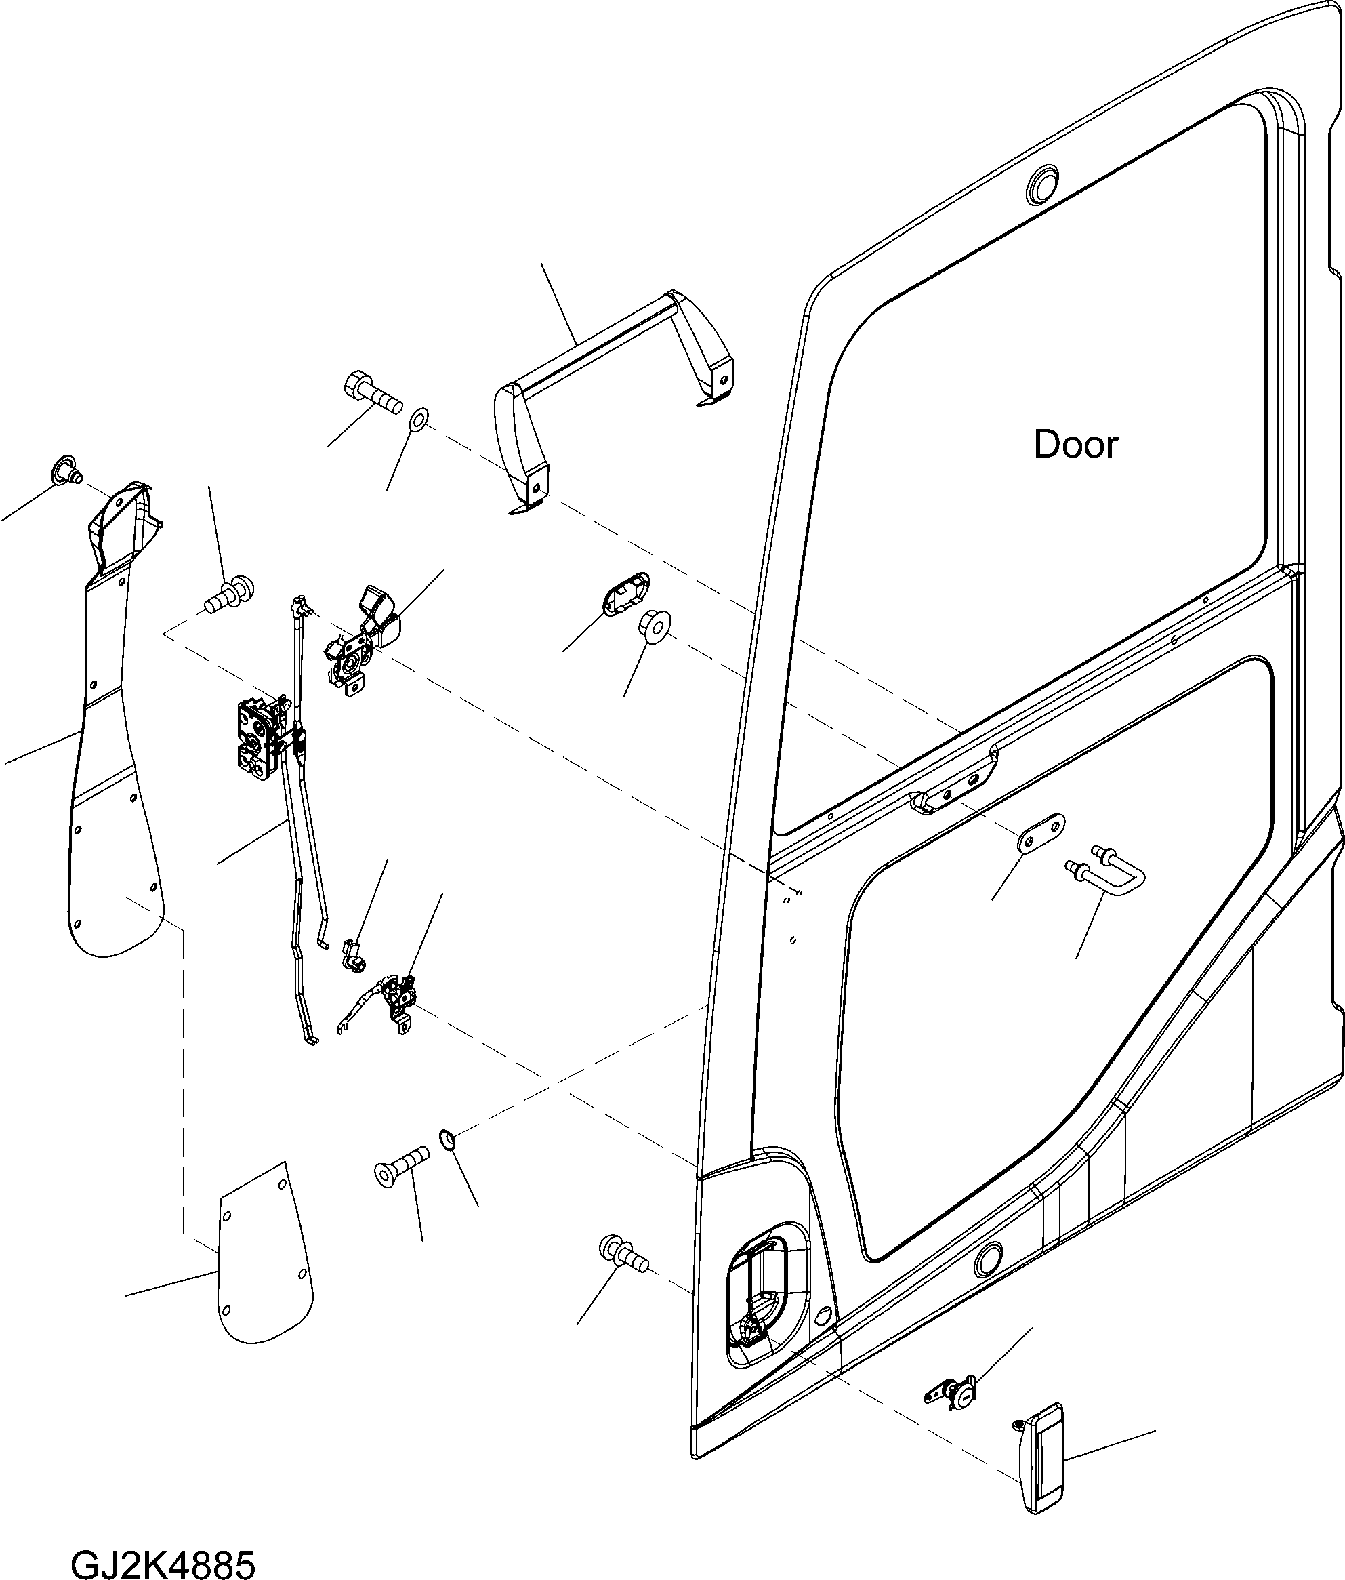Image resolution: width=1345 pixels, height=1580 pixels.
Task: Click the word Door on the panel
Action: (x=1075, y=445)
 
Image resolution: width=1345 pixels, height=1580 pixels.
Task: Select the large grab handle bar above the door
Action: (x=602, y=343)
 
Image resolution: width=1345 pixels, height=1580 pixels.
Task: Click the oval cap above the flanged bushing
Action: (x=625, y=592)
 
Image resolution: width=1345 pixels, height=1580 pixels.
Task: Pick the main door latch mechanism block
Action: (x=257, y=740)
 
